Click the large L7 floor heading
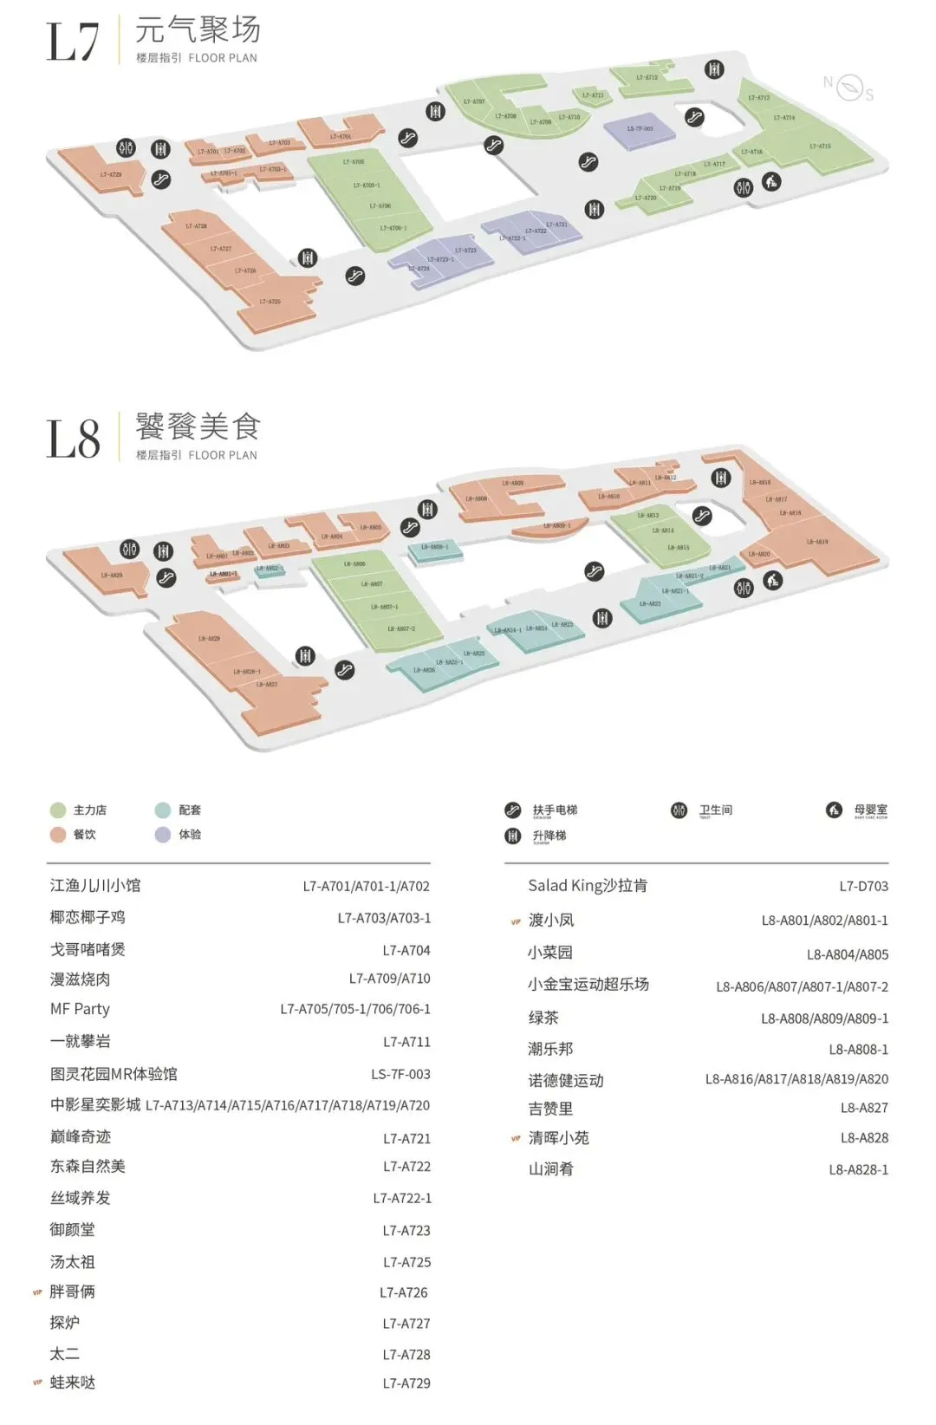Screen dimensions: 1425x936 click(73, 42)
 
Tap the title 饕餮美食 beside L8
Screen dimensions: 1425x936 click(197, 426)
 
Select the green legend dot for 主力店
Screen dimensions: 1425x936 click(58, 810)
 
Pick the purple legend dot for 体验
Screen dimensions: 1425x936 click(163, 835)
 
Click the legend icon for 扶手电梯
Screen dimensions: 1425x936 click(513, 810)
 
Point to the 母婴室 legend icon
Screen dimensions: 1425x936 click(834, 810)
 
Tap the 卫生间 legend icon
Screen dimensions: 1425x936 click(679, 810)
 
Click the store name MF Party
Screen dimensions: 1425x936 click(80, 1009)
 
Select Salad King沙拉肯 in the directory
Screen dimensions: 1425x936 click(588, 886)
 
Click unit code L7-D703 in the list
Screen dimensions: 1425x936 click(863, 886)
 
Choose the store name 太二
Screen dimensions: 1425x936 click(65, 1354)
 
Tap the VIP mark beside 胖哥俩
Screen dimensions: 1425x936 click(37, 1292)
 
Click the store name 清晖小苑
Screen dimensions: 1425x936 click(559, 1138)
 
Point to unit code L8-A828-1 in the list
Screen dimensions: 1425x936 click(858, 1169)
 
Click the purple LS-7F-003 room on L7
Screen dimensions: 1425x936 click(640, 129)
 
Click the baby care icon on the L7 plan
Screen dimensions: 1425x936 click(771, 182)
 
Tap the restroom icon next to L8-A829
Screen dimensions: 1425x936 click(129, 550)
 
